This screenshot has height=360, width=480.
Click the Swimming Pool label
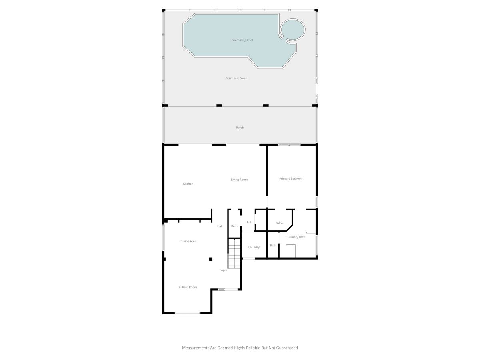242,40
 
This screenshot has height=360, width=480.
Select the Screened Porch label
236,78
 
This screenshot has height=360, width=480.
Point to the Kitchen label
188,184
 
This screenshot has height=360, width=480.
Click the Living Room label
239,180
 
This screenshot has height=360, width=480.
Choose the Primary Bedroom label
291,178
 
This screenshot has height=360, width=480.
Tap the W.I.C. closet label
279,222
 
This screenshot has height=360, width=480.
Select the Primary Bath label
296,237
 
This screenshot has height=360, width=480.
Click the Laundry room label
254,247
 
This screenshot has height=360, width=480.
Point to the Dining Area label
188,241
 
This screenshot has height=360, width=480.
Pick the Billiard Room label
188,287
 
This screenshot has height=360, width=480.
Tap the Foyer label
223,270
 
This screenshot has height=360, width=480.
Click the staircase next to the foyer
234,254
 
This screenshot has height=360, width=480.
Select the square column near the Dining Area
210,259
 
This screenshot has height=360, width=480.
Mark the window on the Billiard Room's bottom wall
188,313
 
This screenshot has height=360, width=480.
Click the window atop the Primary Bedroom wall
289,145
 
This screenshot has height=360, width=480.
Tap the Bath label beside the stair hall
234,226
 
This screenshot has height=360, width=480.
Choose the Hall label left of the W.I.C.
248,222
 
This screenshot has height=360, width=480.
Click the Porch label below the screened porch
240,128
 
